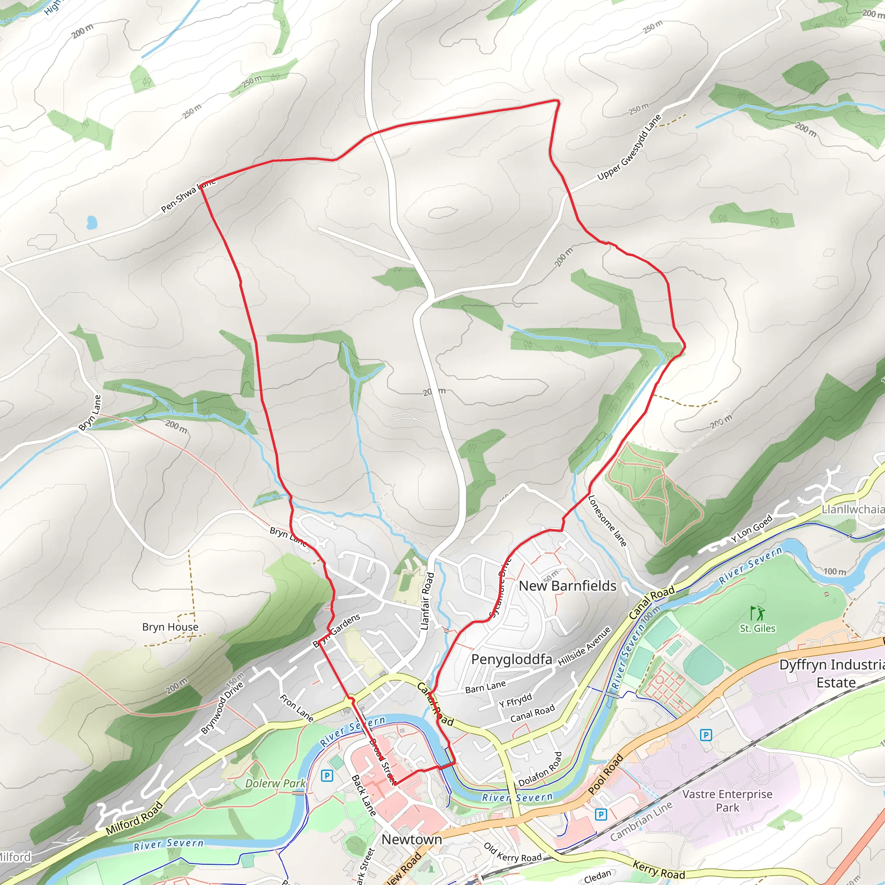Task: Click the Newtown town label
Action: tap(411, 839)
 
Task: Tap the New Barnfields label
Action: tap(567, 586)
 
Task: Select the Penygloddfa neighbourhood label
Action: tap(511, 659)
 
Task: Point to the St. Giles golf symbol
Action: tap(758, 613)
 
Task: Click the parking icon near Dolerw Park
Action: tap(327, 776)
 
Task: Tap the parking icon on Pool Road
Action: tap(601, 814)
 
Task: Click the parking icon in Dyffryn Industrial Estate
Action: tap(706, 735)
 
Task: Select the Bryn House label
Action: tap(170, 627)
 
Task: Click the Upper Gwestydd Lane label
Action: tap(629, 147)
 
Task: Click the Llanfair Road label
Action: tap(427, 601)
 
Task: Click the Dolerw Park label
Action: tap(275, 783)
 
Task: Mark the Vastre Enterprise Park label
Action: tap(727, 800)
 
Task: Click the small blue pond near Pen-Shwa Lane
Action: tap(92, 223)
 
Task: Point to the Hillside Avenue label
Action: tap(584, 646)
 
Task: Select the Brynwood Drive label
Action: tap(222, 708)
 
